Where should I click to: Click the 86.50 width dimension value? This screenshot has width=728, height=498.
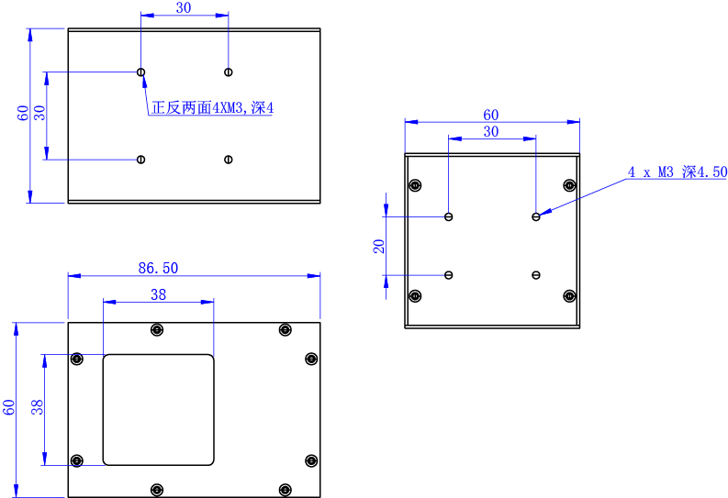157,268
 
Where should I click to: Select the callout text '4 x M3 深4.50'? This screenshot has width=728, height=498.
677,172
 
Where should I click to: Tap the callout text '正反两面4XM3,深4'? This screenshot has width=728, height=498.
213,108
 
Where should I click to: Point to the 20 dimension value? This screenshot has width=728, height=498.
378,246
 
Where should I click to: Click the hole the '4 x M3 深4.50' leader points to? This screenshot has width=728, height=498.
535,216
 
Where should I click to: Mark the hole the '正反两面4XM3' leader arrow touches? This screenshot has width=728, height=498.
140,72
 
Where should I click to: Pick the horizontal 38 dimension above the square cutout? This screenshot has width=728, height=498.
158,294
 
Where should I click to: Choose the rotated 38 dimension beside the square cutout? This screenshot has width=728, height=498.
38,406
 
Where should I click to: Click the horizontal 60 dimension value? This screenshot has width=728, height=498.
491,115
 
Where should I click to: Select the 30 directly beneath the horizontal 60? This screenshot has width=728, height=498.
491,132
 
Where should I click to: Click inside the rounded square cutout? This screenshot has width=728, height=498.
158,409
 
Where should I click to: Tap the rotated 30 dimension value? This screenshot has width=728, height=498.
39,114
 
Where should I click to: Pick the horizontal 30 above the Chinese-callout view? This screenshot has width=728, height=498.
184,8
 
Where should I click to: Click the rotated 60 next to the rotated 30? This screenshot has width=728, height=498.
23,114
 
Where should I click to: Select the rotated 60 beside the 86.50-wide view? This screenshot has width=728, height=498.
8,407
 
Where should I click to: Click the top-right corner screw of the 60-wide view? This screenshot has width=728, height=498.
569,186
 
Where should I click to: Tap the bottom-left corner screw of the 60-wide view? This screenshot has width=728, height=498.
415,295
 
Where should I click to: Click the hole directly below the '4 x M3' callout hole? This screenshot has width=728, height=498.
535,274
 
